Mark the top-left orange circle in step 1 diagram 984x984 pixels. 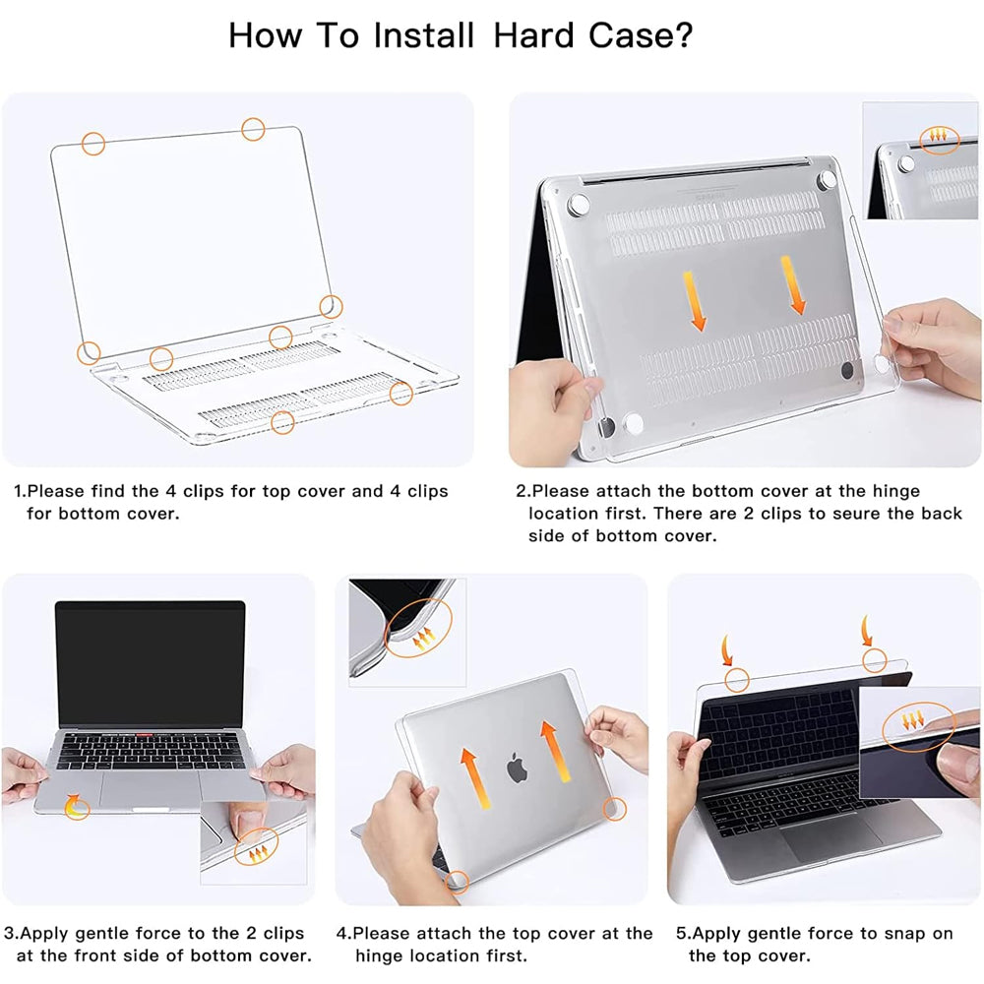coord(93,144)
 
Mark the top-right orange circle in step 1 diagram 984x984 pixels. coord(253,128)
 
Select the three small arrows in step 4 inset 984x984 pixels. coord(425,641)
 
